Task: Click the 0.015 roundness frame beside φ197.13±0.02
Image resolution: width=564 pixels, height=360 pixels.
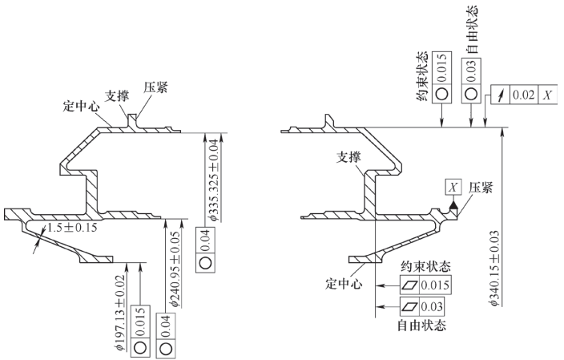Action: (x=140, y=335)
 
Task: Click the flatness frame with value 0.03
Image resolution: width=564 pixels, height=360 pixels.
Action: (x=420, y=306)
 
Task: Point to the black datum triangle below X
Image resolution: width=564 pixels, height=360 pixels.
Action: (x=454, y=206)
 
